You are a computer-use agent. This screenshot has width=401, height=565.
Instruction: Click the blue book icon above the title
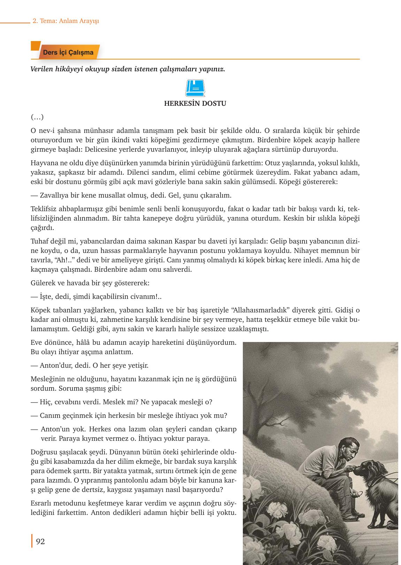(x=195, y=88)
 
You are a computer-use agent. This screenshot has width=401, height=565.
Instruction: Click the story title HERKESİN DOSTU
(x=195, y=104)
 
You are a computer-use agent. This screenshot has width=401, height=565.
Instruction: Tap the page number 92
(x=40, y=541)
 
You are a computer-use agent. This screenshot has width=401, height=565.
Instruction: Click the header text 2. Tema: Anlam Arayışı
(x=66, y=21)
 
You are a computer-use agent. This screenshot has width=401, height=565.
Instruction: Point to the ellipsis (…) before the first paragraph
(x=37, y=117)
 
